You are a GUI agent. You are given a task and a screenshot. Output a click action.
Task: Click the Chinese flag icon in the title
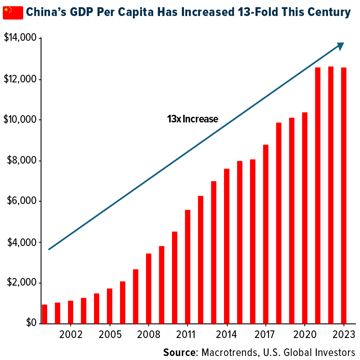point(13,12)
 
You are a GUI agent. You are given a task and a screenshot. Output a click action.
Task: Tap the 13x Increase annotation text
point(192,119)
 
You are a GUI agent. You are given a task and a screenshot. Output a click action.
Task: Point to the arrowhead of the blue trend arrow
point(341,46)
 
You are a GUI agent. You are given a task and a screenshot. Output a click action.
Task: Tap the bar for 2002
point(70,312)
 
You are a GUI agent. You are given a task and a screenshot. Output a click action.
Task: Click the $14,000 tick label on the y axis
point(20,38)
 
